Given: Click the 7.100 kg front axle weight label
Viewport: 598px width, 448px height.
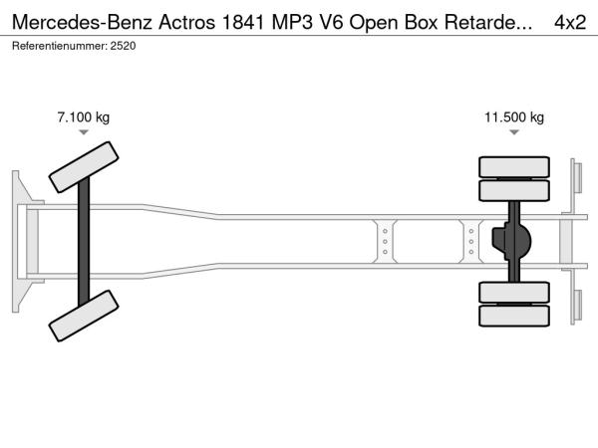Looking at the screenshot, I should [x=84, y=117].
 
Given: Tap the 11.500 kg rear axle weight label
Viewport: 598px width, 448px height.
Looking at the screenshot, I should [x=514, y=117].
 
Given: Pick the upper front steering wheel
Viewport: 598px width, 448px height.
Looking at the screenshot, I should [x=85, y=166].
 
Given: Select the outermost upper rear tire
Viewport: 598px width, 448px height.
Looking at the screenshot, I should [x=514, y=165].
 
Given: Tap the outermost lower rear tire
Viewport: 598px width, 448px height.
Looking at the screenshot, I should [x=514, y=317].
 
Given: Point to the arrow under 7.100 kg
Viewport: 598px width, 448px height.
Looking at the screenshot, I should [x=84, y=132].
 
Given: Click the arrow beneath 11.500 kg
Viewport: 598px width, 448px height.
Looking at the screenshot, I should [x=514, y=132].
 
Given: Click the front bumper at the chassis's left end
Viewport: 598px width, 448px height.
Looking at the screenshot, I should [x=19, y=242].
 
